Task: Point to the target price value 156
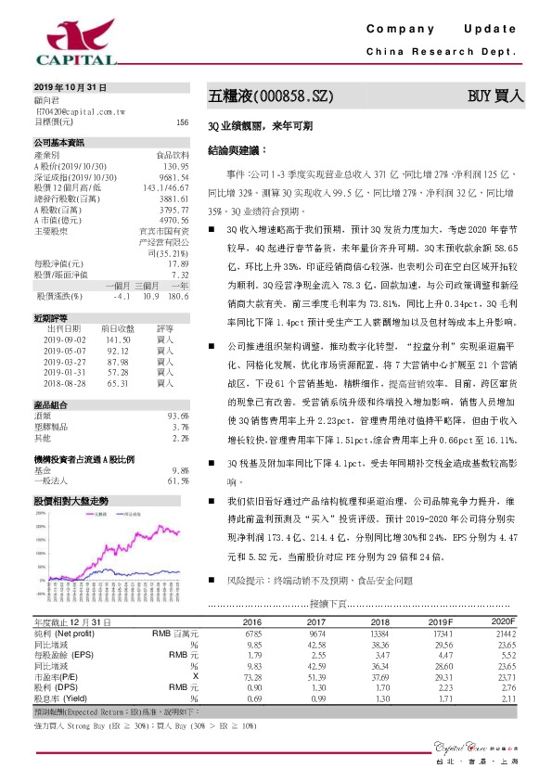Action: pyautogui.click(x=182, y=122)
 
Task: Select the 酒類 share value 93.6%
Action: pyautogui.click(x=177, y=416)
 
